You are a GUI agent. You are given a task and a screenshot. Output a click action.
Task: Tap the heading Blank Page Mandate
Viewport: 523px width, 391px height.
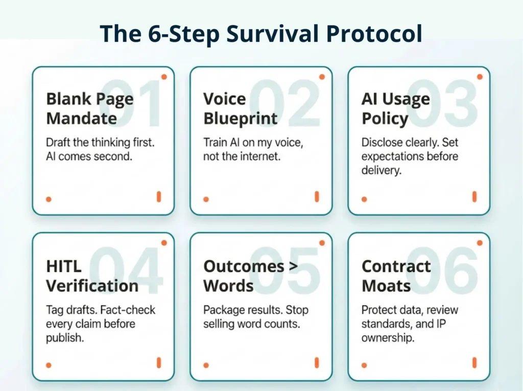(x=89, y=108)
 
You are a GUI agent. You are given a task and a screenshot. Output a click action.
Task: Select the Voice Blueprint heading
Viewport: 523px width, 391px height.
(x=240, y=108)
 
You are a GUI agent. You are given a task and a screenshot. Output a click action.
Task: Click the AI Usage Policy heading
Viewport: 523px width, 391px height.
(x=395, y=108)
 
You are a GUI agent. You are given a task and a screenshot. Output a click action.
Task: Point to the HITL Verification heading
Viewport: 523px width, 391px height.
(x=92, y=275)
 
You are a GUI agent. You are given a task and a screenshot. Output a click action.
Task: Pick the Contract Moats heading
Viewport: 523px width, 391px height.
(x=396, y=275)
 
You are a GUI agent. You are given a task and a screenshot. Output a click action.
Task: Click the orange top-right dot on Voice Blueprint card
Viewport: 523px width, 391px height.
(x=322, y=77)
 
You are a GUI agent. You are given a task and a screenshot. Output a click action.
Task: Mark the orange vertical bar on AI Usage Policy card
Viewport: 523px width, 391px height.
(x=474, y=197)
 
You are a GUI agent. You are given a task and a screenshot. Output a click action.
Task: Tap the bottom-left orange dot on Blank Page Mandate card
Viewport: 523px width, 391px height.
(x=49, y=199)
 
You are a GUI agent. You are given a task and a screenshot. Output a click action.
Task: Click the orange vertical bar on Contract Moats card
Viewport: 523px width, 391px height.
(x=474, y=363)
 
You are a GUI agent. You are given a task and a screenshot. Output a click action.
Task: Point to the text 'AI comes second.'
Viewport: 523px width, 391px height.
(x=89, y=156)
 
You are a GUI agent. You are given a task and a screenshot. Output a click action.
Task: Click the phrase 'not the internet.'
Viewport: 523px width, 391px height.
(x=242, y=156)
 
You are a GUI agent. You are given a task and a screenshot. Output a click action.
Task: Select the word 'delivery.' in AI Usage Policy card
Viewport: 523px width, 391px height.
(x=381, y=170)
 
